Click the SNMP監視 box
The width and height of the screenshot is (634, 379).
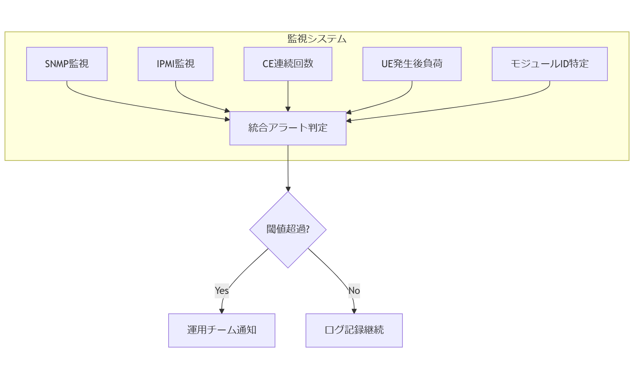coord(67,64)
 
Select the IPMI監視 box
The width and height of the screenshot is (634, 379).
coord(175,64)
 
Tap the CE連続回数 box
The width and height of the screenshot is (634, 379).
coord(288,64)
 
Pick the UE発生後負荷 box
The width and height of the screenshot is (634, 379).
coord(412,64)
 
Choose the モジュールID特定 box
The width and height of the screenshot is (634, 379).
coord(549,64)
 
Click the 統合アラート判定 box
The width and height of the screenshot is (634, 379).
coord(288,128)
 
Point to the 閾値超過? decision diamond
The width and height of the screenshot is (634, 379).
coord(288,229)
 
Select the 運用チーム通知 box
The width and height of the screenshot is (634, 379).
coord(222,330)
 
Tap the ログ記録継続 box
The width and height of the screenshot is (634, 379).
coord(354,330)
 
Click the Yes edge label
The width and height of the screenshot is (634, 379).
coord(222,291)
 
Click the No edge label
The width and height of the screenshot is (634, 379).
coord(354,291)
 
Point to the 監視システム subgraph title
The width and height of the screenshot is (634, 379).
coord(317,39)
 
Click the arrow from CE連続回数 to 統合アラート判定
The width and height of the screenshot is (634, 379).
coord(288,95)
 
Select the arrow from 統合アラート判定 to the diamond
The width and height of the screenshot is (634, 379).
coord(288,168)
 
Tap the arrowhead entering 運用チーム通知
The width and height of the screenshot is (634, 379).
coord(222,311)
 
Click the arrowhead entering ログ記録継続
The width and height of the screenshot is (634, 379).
coord(354,311)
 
